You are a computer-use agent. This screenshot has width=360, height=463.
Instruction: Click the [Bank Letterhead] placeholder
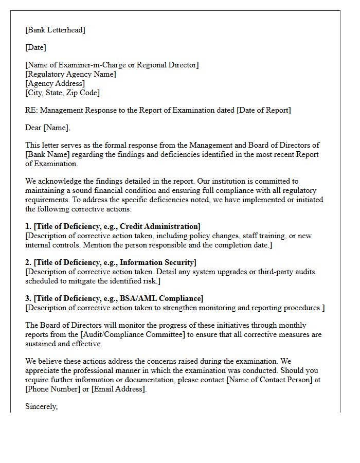pyautogui.click(x=56, y=30)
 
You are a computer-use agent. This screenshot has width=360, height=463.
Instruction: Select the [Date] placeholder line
pyautogui.click(x=35, y=47)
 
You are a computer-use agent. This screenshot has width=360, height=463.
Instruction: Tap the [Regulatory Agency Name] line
pyautogui.click(x=70, y=74)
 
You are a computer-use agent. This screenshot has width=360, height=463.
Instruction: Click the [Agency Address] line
pyautogui.click(x=55, y=83)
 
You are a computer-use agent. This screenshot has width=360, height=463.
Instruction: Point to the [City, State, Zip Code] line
pyautogui.click(x=62, y=93)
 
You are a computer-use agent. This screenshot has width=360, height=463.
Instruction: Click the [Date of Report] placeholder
pyautogui.click(x=263, y=110)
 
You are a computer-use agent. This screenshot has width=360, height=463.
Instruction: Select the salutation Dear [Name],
pyautogui.click(x=48, y=128)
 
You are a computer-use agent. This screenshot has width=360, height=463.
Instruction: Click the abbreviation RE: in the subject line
pyautogui.click(x=31, y=110)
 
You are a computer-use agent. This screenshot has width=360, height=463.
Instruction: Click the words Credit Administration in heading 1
pyautogui.click(x=159, y=226)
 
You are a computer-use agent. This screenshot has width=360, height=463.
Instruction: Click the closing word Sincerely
pyautogui.click(x=41, y=406)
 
